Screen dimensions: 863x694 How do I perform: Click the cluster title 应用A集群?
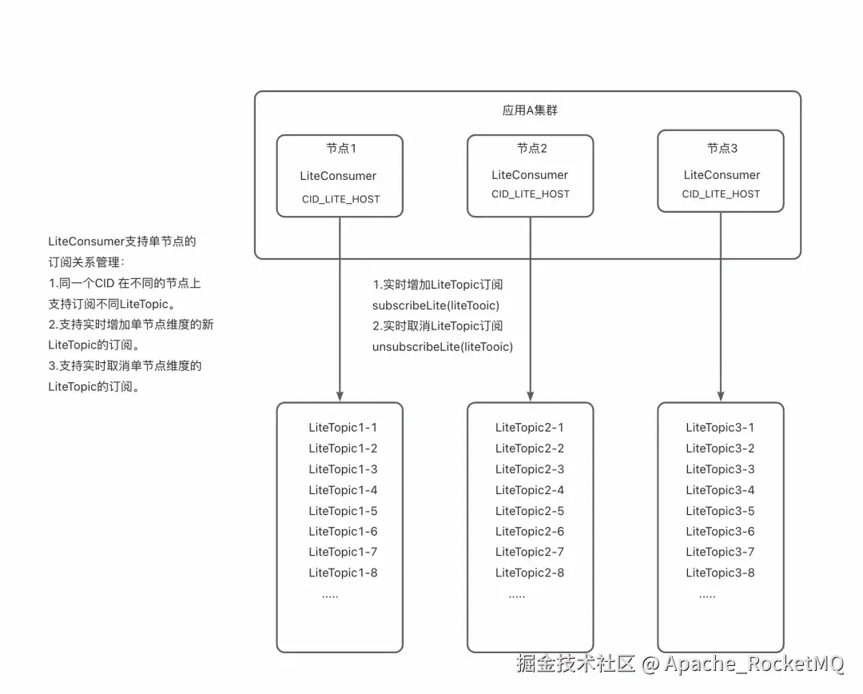click(x=530, y=110)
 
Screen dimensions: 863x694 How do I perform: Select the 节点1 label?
click(x=341, y=148)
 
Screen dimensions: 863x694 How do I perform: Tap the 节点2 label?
click(x=531, y=148)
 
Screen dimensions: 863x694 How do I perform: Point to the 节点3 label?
click(x=722, y=148)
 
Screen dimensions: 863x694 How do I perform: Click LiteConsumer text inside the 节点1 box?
click(x=338, y=176)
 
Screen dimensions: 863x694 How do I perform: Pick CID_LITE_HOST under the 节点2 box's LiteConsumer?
click(x=531, y=193)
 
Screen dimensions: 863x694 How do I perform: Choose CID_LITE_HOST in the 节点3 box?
click(x=721, y=193)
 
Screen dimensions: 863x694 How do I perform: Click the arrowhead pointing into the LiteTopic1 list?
click(x=340, y=397)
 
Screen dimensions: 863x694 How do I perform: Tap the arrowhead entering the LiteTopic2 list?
click(x=531, y=397)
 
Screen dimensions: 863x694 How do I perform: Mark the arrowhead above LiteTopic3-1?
click(x=721, y=397)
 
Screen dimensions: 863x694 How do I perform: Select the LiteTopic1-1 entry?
click(x=343, y=428)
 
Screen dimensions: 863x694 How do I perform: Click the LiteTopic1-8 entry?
click(x=343, y=572)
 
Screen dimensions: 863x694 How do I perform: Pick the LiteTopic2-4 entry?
click(x=530, y=490)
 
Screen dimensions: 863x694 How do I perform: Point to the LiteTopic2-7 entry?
click(x=530, y=552)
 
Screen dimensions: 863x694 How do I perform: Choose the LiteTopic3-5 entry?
click(x=720, y=511)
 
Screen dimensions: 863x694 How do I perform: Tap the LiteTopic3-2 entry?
click(x=720, y=449)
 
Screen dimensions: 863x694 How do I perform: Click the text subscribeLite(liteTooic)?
click(x=436, y=305)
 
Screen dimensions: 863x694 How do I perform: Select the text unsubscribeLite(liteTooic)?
click(x=443, y=347)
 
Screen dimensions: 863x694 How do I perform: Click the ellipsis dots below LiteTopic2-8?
click(x=517, y=596)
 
